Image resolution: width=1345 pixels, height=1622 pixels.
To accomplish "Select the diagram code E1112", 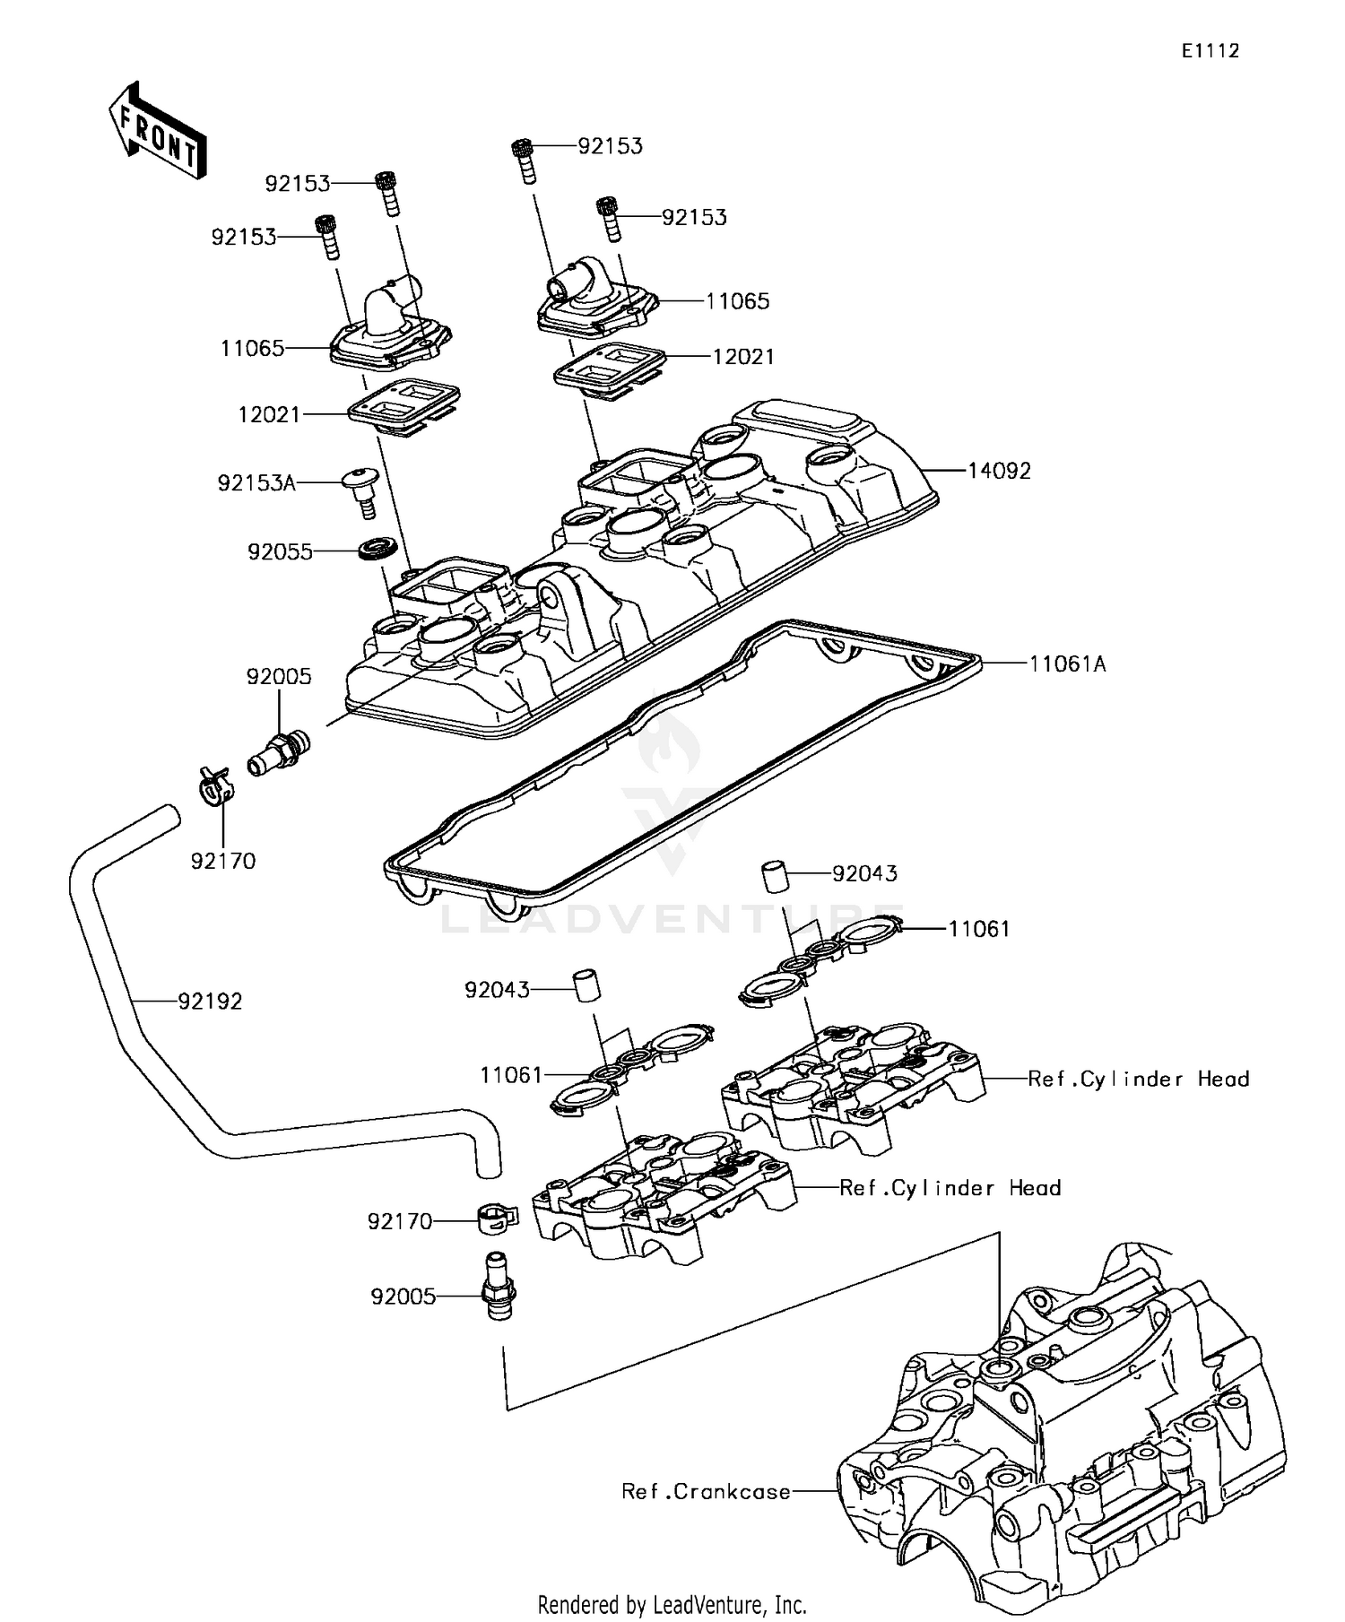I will tap(1210, 51).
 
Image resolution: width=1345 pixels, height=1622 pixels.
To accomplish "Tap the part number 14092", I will tap(999, 471).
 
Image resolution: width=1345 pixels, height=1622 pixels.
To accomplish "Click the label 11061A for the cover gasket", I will tap(1067, 664).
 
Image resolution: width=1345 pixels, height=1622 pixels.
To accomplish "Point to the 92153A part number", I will tap(256, 483).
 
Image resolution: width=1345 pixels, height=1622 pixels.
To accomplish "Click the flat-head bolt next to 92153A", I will tap(361, 489).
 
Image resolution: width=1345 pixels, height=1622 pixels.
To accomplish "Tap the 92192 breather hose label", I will tap(210, 1001).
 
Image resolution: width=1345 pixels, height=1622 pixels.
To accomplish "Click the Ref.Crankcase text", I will tap(707, 1491).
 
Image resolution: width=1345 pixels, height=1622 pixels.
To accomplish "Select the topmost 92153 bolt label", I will tap(610, 146).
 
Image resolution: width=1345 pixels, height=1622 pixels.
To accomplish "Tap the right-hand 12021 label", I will tap(743, 357).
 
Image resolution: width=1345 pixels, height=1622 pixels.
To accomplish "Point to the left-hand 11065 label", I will tap(252, 348).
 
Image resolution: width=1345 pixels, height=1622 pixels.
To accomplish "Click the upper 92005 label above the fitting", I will tap(279, 676).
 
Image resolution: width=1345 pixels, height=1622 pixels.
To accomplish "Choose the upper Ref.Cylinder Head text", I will tap(1138, 1079).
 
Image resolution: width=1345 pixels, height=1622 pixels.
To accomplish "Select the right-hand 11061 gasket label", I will tap(979, 929).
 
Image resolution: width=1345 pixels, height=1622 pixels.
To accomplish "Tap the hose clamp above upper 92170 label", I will tap(216, 786).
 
